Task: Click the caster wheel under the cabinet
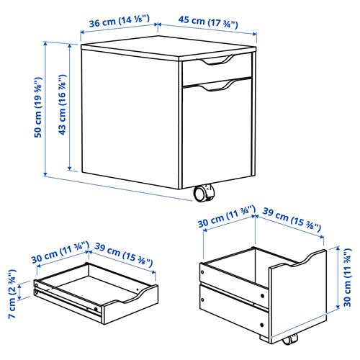point(204,194)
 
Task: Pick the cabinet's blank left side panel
point(130,115)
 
